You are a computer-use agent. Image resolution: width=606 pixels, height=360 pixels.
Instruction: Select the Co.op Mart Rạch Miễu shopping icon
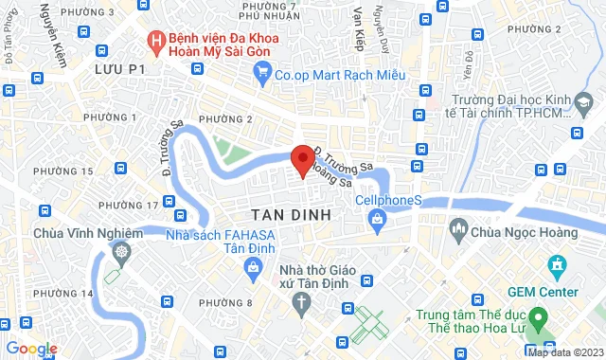(x=258, y=72)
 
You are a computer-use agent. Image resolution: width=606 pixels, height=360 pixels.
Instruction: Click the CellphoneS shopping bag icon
(x=378, y=221)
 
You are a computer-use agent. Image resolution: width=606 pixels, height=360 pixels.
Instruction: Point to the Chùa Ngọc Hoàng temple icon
(x=460, y=229)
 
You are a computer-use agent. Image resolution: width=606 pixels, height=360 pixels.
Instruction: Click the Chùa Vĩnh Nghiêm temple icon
(x=122, y=252)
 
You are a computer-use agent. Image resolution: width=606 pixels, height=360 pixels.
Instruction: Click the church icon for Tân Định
(x=302, y=303)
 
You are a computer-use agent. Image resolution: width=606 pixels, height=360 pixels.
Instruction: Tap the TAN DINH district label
(x=292, y=215)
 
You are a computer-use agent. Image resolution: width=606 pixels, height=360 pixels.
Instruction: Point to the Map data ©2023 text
(x=565, y=353)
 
